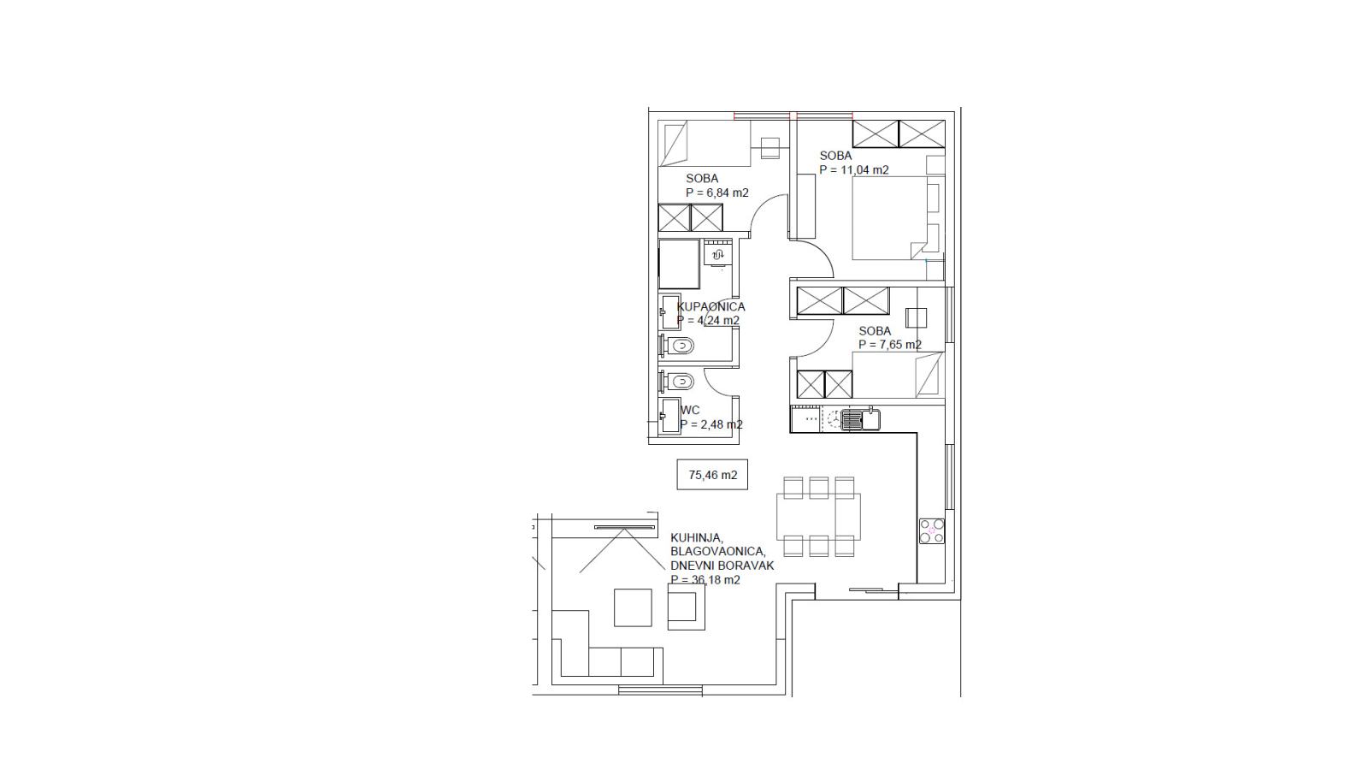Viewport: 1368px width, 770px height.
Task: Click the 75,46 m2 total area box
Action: point(712,474)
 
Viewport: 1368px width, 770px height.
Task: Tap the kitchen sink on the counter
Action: point(860,419)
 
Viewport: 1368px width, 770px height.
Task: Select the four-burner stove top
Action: point(932,531)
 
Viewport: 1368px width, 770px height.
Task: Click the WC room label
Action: point(690,410)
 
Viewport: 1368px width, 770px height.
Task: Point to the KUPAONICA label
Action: point(711,307)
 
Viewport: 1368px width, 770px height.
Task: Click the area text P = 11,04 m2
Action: point(854,170)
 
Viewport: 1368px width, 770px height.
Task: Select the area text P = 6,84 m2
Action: point(717,192)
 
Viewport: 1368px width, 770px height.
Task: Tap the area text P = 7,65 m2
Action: point(890,345)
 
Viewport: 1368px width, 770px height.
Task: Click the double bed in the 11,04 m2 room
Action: point(891,218)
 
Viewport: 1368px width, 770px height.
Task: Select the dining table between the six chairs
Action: point(818,517)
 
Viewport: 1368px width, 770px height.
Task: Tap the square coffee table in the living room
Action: point(633,607)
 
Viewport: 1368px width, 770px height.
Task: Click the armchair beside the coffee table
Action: point(687,607)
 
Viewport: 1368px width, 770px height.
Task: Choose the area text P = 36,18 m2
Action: point(705,580)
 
